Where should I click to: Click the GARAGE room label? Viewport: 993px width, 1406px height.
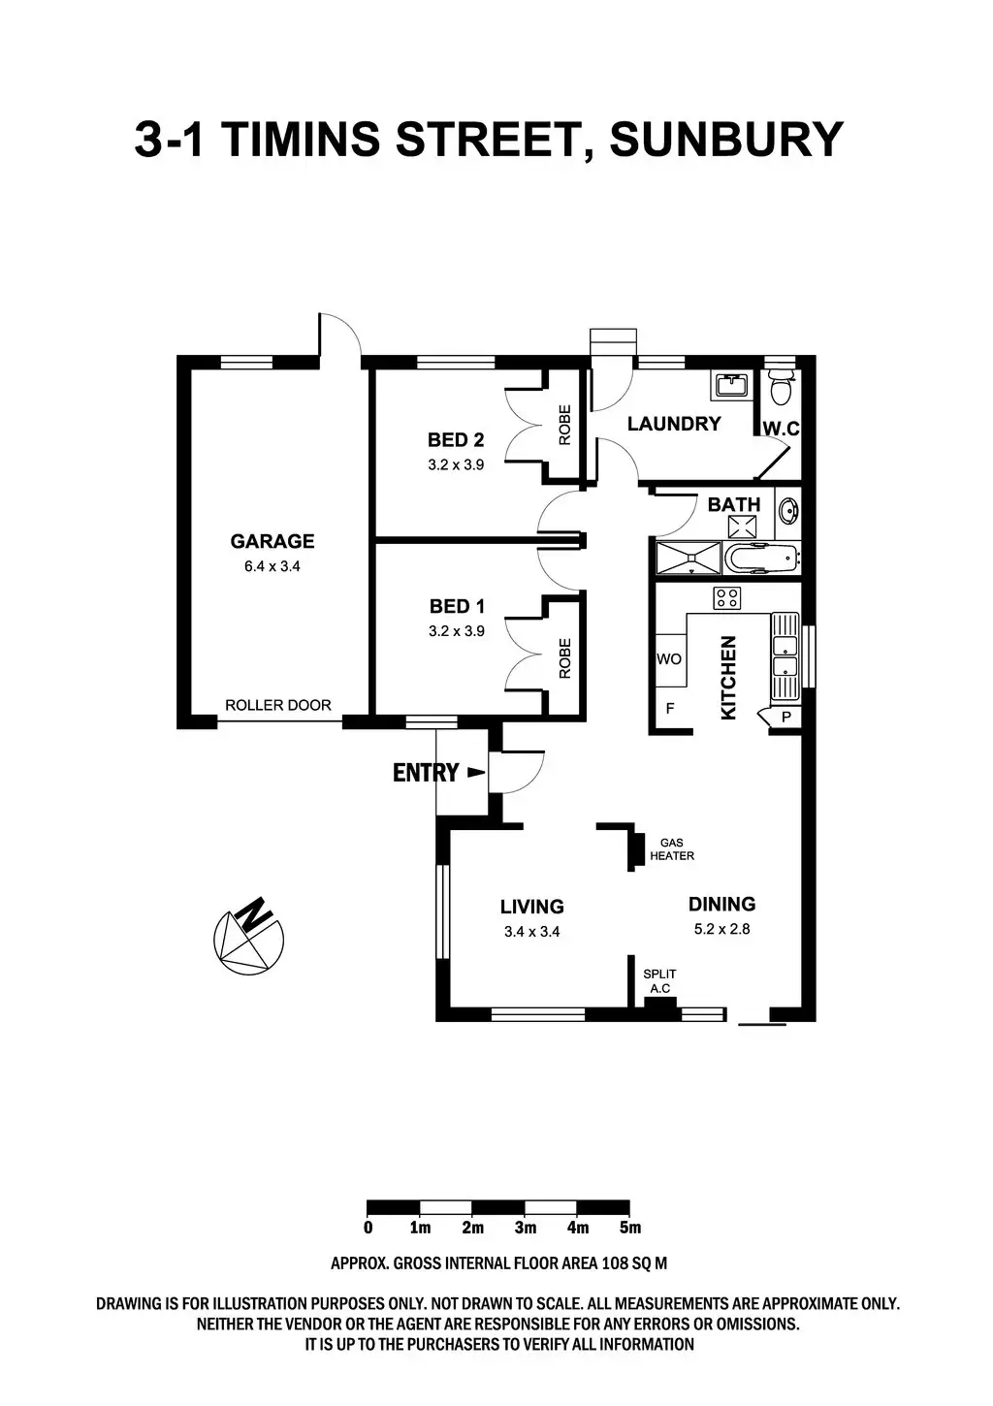(x=272, y=541)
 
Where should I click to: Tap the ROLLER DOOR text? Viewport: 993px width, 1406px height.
(x=277, y=705)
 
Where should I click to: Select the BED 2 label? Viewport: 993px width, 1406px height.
(x=456, y=439)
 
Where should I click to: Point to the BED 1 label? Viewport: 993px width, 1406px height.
(x=456, y=606)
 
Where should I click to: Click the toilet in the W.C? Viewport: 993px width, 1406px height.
(x=780, y=389)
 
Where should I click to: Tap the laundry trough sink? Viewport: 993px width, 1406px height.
(x=731, y=386)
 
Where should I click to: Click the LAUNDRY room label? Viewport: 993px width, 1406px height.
(x=674, y=424)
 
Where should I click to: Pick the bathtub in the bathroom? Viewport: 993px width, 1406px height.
(x=762, y=559)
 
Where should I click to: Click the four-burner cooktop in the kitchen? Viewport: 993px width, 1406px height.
(x=726, y=598)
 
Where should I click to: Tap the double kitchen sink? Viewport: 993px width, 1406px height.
(x=784, y=655)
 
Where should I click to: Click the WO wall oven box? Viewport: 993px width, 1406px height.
(x=669, y=659)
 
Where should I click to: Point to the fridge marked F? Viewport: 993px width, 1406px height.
(x=669, y=709)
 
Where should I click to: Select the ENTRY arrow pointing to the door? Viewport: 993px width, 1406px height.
(x=475, y=773)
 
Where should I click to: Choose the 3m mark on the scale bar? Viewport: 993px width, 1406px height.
(x=525, y=1228)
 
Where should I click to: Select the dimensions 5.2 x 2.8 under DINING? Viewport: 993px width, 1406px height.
(x=721, y=928)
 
